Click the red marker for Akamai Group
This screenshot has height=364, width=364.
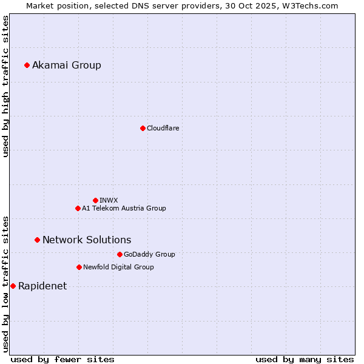click(x=27, y=65)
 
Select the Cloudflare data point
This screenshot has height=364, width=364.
click(x=143, y=128)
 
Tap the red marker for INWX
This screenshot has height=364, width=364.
click(x=95, y=200)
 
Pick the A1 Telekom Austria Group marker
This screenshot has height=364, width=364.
click(x=78, y=208)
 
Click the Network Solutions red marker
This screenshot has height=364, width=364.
click(x=37, y=240)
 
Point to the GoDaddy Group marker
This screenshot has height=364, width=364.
click(x=120, y=254)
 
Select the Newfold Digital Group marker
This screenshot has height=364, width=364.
click(x=79, y=267)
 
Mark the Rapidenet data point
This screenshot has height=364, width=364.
click(x=13, y=286)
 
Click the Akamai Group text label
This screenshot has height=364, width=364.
click(x=67, y=66)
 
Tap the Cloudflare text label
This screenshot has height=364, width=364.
click(x=163, y=128)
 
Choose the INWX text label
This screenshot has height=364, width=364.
click(x=109, y=200)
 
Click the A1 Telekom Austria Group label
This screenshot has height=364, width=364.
click(x=124, y=208)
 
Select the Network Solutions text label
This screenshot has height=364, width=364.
click(x=87, y=240)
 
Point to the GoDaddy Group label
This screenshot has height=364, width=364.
click(x=149, y=255)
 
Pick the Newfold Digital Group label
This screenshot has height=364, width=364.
click(x=118, y=267)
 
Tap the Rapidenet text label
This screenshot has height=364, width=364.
click(x=42, y=286)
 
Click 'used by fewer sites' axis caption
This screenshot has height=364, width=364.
click(x=62, y=359)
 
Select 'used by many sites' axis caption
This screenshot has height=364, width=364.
click(x=305, y=359)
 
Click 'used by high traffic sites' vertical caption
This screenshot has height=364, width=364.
click(x=6, y=86)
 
